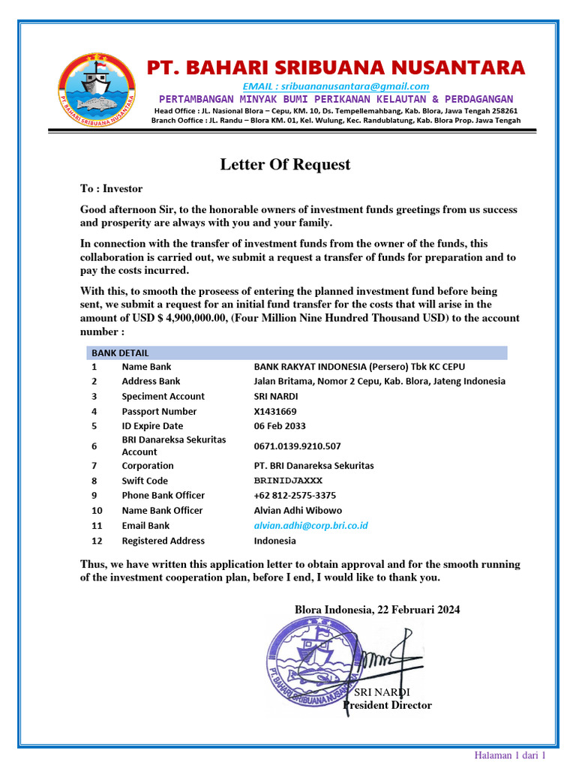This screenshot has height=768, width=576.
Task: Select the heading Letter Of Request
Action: point(285,165)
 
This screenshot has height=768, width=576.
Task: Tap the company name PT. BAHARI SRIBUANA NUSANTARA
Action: point(335,67)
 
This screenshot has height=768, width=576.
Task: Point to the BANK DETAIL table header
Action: point(120,352)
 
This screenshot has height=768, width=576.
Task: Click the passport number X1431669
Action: point(275,411)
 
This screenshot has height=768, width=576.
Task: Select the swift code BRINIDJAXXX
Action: point(288,481)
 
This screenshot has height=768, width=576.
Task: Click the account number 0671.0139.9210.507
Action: point(297,445)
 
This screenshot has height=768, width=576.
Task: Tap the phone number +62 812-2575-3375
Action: point(295,495)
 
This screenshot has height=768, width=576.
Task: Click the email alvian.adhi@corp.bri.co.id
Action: point(310,526)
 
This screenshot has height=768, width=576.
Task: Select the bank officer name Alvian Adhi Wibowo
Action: point(298,510)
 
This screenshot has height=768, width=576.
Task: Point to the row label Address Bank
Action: point(151,381)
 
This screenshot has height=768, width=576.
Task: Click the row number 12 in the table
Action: point(95,541)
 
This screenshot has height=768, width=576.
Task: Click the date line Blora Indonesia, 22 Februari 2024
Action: point(377,610)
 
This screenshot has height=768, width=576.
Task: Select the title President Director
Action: point(387,705)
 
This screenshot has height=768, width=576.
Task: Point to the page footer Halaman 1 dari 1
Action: point(509,754)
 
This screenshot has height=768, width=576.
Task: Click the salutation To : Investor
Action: point(111,189)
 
